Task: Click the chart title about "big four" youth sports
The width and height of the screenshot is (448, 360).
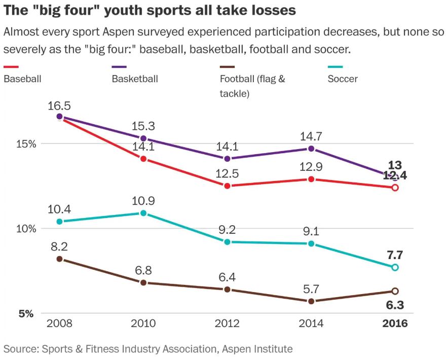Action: point(150,10)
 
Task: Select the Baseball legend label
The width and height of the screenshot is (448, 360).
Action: point(22,79)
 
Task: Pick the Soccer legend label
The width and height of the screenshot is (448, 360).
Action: point(343,79)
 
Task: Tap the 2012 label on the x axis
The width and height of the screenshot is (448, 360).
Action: point(228,324)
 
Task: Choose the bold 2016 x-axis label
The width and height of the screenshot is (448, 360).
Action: point(395,324)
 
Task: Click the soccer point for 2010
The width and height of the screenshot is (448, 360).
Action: point(143,213)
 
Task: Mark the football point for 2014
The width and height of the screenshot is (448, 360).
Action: point(311,301)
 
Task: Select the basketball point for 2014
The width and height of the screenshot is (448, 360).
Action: point(311,149)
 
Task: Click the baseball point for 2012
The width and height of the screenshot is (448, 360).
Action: point(228,186)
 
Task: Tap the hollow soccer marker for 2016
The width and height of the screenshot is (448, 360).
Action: point(395,267)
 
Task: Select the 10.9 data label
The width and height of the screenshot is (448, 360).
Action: point(143,201)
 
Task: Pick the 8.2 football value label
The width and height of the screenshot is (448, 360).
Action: point(59,247)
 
